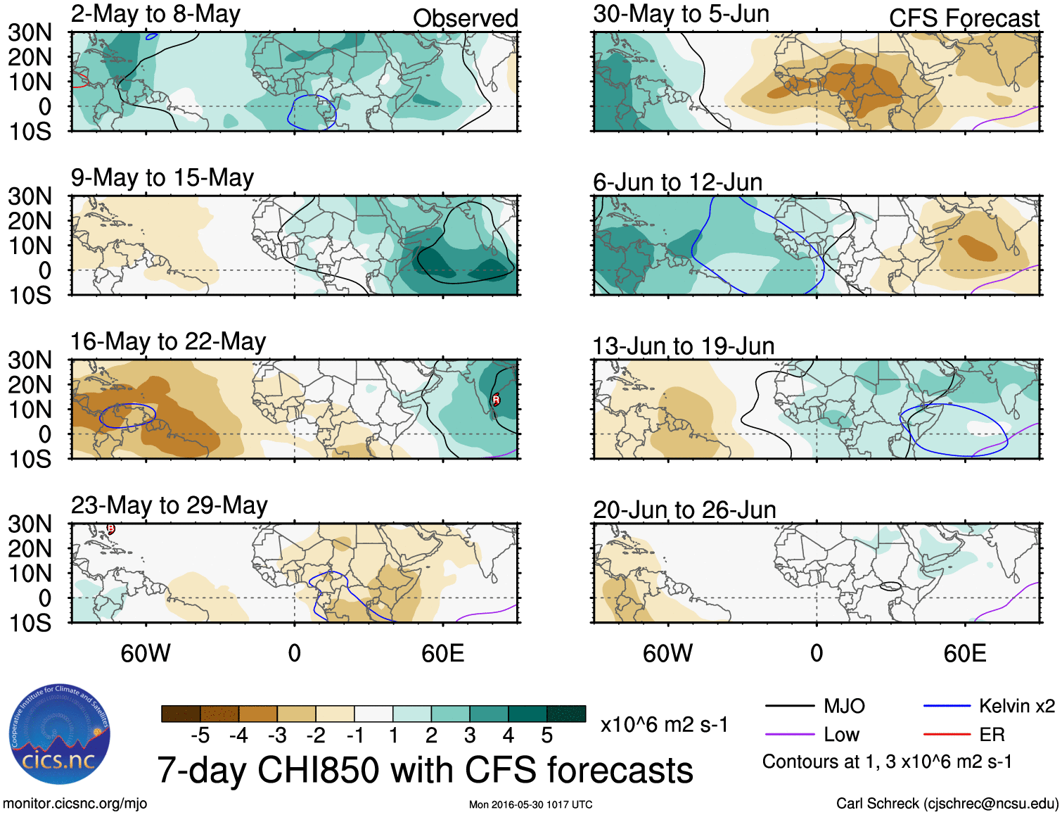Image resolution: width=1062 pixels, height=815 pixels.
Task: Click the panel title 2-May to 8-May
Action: [155, 14]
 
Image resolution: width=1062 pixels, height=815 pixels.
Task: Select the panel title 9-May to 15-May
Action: [162, 178]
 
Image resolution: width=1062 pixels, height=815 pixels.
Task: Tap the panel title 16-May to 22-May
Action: [167, 342]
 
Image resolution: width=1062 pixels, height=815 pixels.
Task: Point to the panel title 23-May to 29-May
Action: [169, 506]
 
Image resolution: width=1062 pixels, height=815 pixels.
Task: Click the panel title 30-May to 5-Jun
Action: [681, 14]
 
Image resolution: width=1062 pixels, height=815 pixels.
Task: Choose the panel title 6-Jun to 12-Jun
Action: [677, 182]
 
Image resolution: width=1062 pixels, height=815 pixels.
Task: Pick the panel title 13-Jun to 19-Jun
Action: [683, 346]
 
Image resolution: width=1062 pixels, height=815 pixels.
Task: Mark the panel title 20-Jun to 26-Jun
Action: [684, 510]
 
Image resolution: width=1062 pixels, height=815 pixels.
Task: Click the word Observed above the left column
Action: [465, 18]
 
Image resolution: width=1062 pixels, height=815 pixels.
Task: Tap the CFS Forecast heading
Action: [964, 18]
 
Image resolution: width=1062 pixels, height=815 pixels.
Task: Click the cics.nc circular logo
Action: [60, 735]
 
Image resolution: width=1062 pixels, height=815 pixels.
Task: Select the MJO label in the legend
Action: [844, 706]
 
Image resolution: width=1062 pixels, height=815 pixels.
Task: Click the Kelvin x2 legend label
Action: [1016, 706]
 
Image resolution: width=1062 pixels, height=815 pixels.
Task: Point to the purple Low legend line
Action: [789, 735]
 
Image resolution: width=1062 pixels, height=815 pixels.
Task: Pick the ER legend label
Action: [992, 735]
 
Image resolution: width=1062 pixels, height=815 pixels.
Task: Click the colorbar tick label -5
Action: [200, 735]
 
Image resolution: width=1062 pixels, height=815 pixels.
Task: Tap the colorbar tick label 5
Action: [546, 735]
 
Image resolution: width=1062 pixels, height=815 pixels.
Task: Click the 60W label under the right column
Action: [667, 653]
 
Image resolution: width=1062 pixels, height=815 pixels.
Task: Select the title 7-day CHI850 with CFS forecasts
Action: [425, 770]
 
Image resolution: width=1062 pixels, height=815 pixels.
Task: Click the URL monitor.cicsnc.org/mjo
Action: [75, 804]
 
